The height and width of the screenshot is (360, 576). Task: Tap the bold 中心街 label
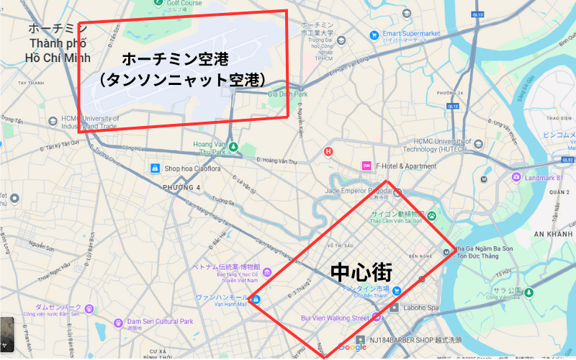tap(361, 273)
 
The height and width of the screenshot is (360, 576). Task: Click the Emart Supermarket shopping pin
tap(374, 35)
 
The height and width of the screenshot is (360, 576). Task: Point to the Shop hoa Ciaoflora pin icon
tap(154, 168)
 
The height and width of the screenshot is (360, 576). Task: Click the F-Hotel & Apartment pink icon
tap(366, 166)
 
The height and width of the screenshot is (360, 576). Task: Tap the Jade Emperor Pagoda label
tap(358, 191)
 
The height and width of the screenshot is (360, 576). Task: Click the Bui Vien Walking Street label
tap(335, 318)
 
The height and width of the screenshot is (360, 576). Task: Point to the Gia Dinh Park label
tap(287, 94)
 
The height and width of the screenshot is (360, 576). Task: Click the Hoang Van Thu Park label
tap(210, 148)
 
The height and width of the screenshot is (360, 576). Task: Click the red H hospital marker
tap(328, 151)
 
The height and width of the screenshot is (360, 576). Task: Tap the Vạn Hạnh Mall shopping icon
tap(256, 298)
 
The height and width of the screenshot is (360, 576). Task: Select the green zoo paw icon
tap(431, 215)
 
